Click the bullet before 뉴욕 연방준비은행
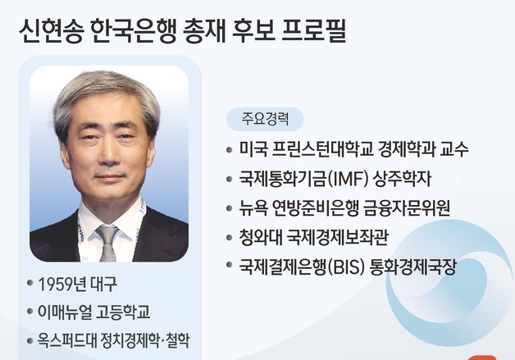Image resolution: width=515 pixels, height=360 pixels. coord(231,208)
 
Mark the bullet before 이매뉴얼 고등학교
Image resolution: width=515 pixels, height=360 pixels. coord(29,312)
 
